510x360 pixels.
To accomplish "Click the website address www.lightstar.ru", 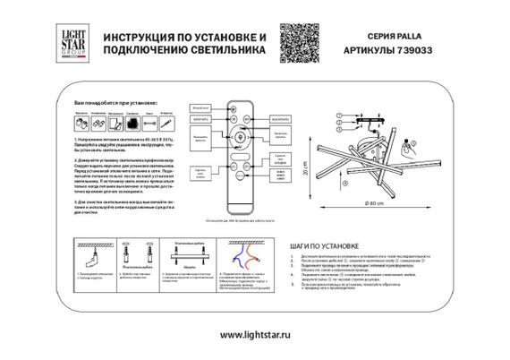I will point(254,335).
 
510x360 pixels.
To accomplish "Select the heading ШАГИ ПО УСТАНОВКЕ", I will point(327,244).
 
